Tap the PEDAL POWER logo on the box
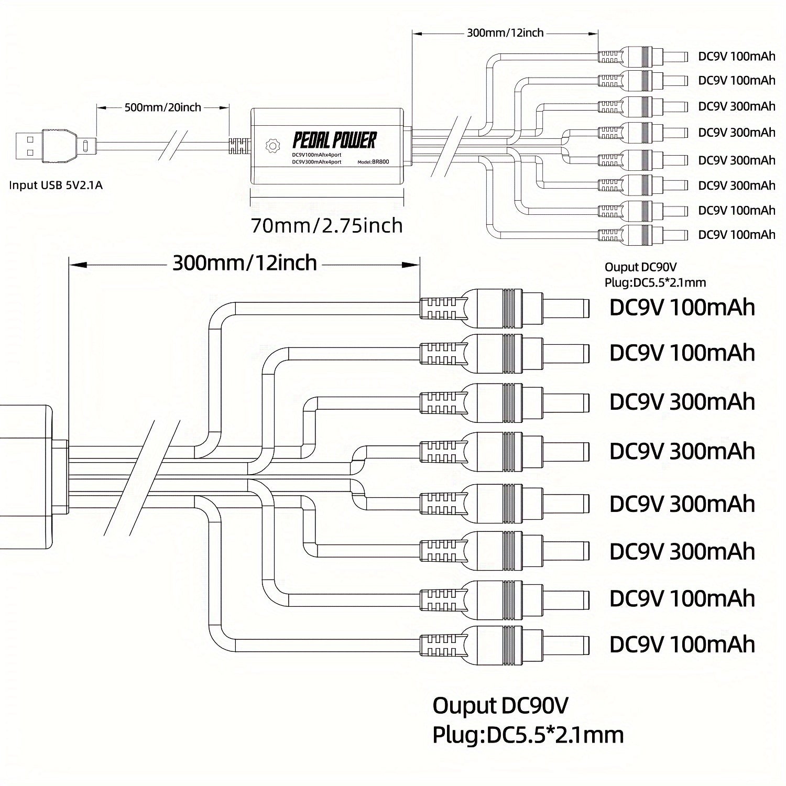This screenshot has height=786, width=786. [x=334, y=140]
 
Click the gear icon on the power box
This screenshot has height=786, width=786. [x=272, y=145]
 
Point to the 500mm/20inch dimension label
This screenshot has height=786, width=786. [x=162, y=107]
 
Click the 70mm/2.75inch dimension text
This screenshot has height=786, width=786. [x=327, y=225]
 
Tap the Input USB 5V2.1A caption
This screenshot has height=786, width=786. [x=56, y=185]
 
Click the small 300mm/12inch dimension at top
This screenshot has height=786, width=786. [x=505, y=33]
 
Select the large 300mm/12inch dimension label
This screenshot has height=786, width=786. [x=245, y=263]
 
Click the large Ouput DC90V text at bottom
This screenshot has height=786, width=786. [x=500, y=706]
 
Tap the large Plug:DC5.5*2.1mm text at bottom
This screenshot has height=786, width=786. [x=528, y=735]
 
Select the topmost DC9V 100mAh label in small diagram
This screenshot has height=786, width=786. [x=736, y=56]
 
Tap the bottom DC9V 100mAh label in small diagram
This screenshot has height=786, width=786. [x=736, y=234]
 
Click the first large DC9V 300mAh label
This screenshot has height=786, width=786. [x=682, y=402]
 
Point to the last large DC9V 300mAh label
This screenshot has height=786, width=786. [x=682, y=551]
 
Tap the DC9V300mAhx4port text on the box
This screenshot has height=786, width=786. [x=316, y=162]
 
